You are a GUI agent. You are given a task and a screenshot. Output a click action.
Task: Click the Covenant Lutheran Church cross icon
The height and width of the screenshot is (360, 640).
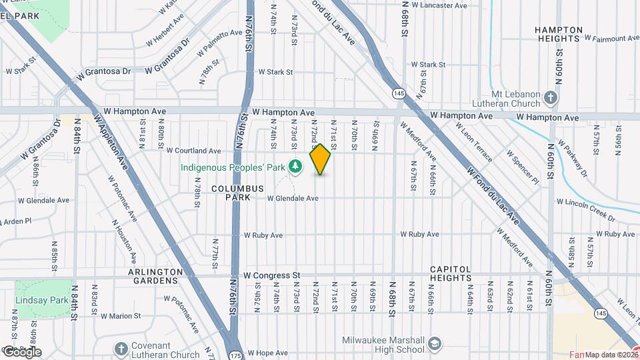[121, 349]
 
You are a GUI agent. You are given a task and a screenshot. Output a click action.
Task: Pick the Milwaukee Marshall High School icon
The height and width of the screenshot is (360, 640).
[435, 344]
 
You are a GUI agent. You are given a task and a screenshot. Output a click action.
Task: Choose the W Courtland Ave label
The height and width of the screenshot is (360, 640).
[193, 151]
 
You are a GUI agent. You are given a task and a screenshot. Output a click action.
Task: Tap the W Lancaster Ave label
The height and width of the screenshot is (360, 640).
[439, 5]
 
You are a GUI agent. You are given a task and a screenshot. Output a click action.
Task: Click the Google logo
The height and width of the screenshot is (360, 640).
[21, 352]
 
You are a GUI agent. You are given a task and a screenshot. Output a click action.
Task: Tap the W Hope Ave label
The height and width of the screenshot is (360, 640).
[267, 353]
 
